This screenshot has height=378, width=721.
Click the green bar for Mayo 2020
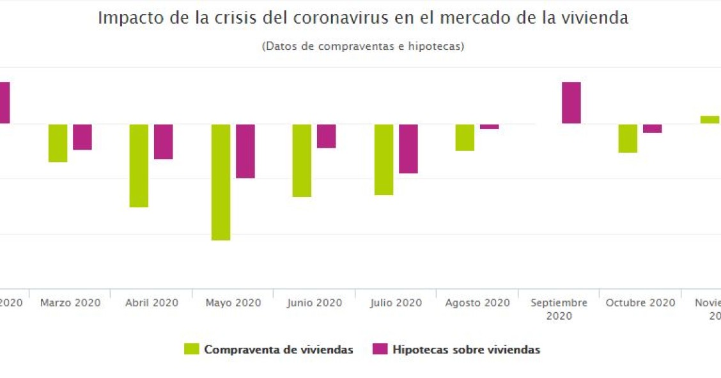[x=221, y=182]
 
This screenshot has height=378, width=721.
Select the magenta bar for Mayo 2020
[x=245, y=151]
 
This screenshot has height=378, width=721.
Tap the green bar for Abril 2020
[x=139, y=165]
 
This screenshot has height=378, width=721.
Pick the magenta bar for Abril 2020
[x=164, y=141]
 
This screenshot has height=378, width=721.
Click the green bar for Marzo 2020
[x=58, y=143]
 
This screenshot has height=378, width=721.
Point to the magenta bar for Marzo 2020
[x=82, y=137]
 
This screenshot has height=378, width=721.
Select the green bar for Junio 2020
[x=302, y=160]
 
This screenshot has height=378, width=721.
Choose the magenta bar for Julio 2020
[x=408, y=148]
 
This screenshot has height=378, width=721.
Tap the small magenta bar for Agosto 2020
[x=490, y=127]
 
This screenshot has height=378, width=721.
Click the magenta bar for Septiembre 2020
[x=571, y=102]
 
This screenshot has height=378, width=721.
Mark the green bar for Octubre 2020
[x=628, y=138]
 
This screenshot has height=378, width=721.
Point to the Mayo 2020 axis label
[x=233, y=303]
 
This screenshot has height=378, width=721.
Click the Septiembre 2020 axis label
[x=559, y=308]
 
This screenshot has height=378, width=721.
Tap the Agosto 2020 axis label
[x=477, y=303]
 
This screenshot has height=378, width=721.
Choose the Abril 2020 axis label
[x=151, y=303]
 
